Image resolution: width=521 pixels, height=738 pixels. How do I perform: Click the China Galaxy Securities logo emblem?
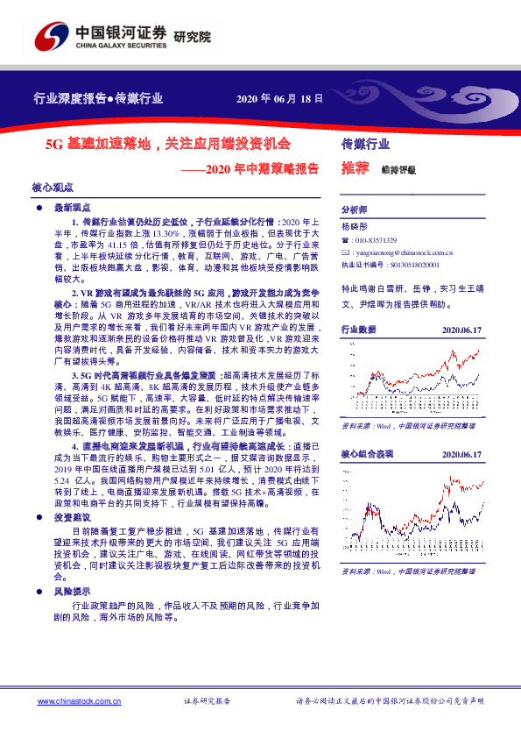(51, 38)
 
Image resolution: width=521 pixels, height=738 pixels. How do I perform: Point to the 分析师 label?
(354, 210)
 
